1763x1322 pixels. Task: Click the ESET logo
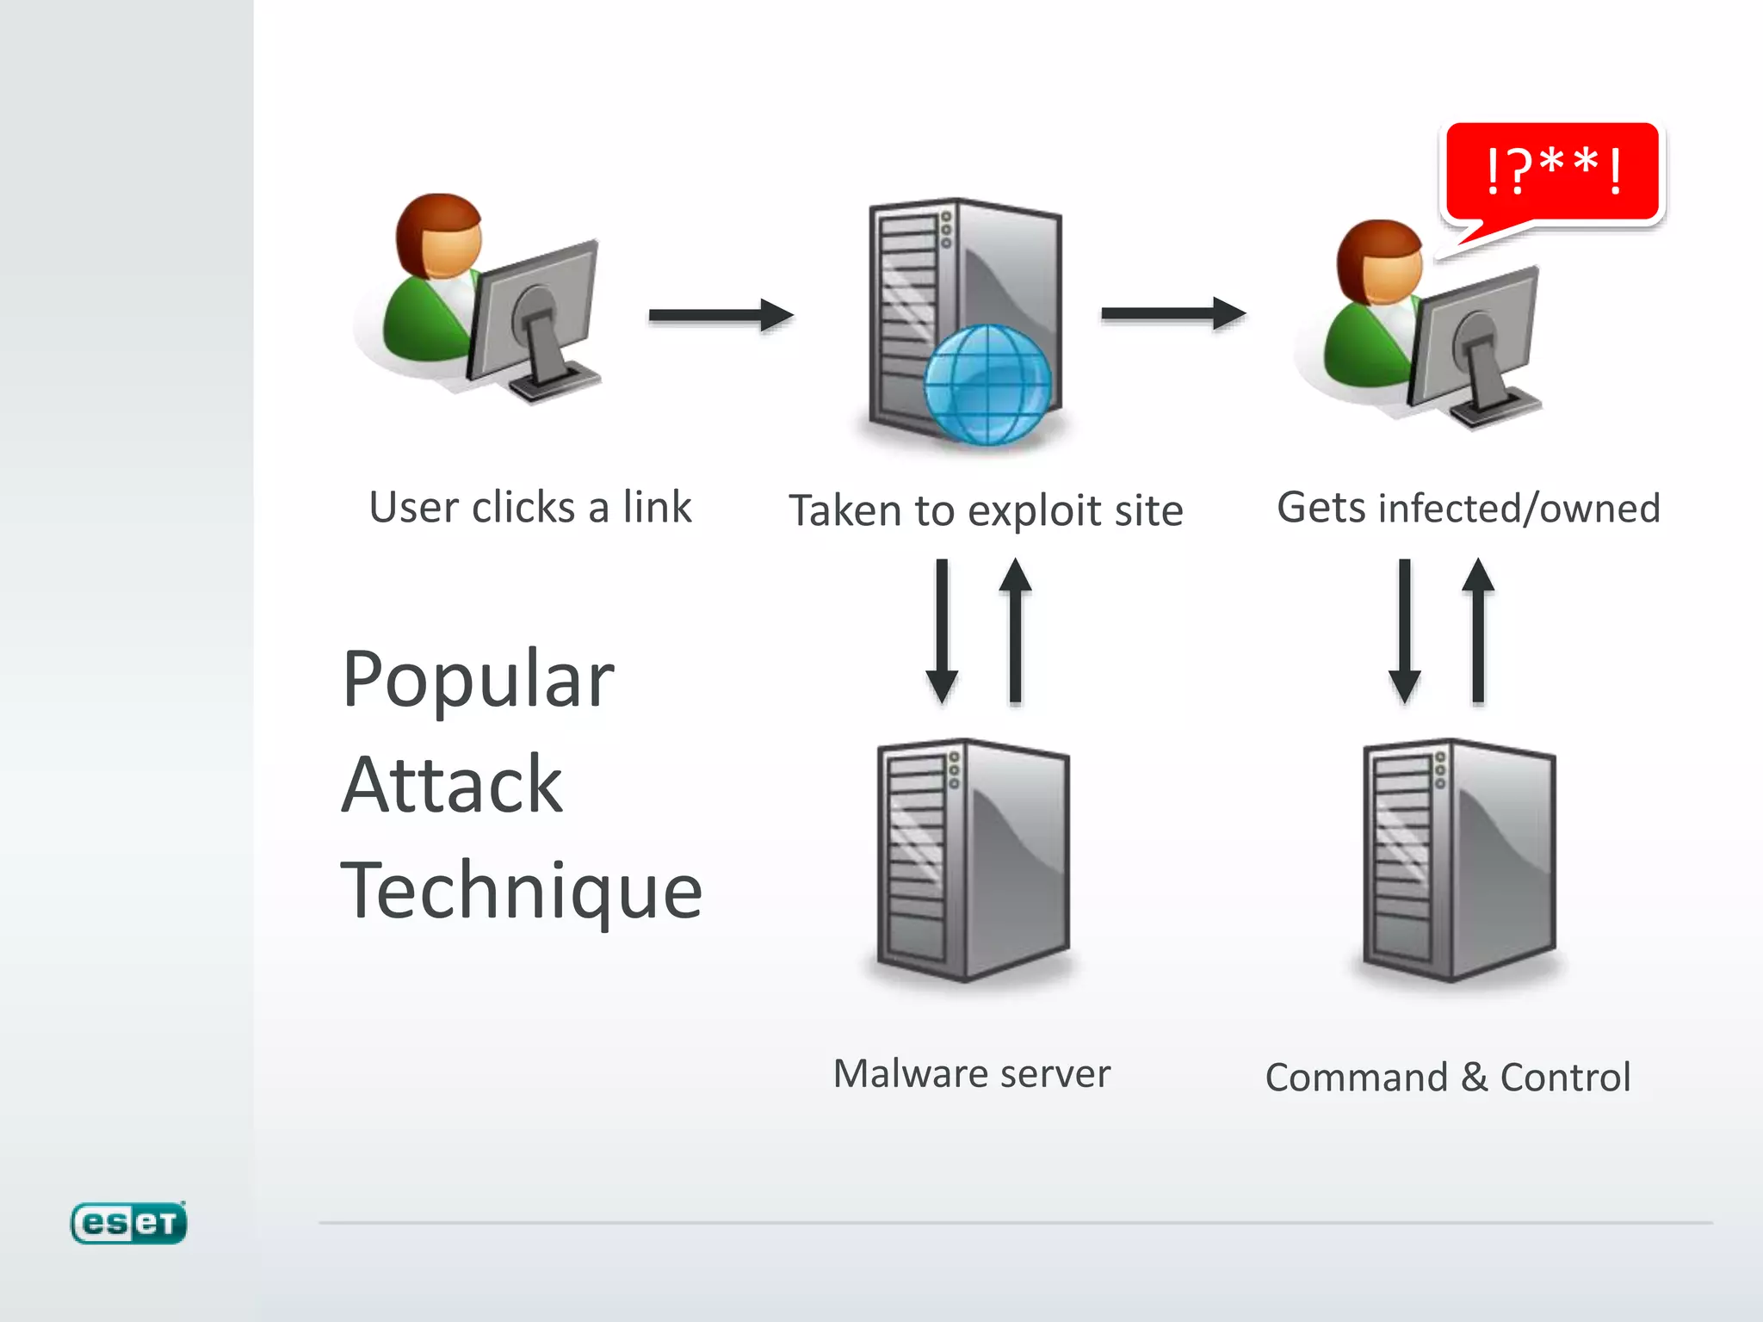(128, 1222)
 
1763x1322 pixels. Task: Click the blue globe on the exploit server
(987, 385)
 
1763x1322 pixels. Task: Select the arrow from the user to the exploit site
(721, 315)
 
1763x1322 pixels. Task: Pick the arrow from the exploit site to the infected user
(1173, 313)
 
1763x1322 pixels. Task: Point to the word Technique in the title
(522, 892)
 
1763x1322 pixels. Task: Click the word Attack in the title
(452, 785)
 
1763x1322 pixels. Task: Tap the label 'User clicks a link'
(530, 507)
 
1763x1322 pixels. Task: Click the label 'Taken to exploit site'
(986, 511)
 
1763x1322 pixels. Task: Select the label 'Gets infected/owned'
(1468, 508)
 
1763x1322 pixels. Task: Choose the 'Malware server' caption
(972, 1074)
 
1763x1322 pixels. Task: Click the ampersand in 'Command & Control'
(1474, 1078)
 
